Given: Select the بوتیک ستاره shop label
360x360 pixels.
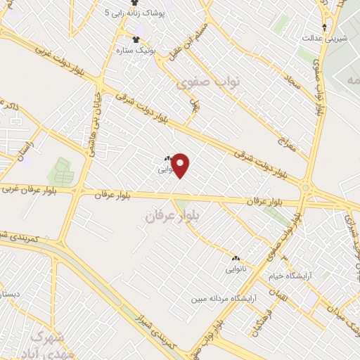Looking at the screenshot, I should pyautogui.click(x=136, y=50).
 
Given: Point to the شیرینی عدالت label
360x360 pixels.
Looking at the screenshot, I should pyautogui.click(x=324, y=37).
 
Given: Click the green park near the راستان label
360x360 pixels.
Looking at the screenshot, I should pyautogui.click(x=60, y=170).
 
